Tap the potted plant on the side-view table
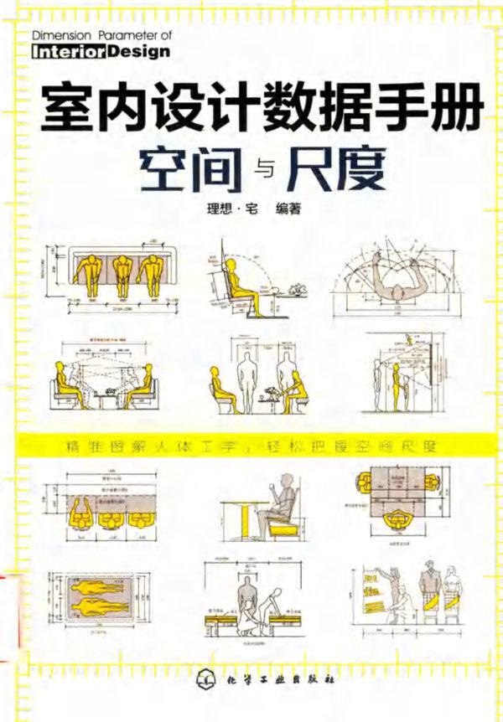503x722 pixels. pos(295,291)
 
